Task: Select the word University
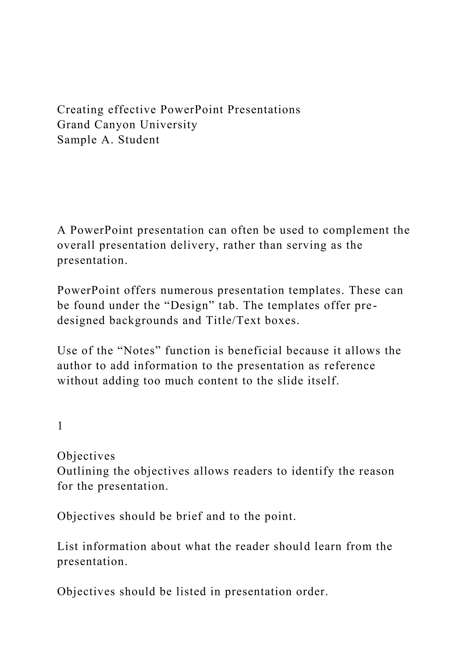click(x=168, y=125)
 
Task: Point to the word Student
click(x=139, y=140)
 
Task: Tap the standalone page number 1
click(x=60, y=426)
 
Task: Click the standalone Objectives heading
click(x=86, y=456)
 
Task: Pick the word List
click(x=68, y=547)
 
